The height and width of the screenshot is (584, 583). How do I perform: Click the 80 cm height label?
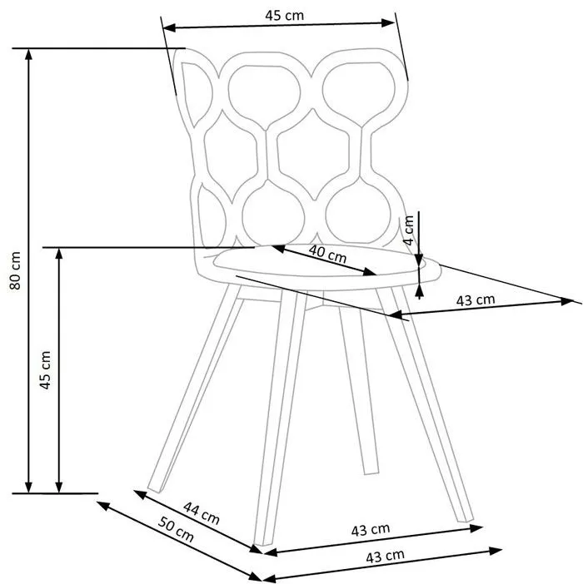click(x=15, y=270)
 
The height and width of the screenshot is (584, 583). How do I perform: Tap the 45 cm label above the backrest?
click(x=284, y=15)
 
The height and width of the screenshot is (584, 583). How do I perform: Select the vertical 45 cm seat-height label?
click(x=45, y=370)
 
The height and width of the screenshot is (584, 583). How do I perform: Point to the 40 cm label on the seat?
click(x=327, y=253)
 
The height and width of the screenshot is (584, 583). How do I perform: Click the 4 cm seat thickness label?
click(x=409, y=230)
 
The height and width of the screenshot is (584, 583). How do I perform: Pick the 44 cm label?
click(x=202, y=512)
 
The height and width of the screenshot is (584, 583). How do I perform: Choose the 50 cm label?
click(x=176, y=529)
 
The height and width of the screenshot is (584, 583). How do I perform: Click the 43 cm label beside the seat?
click(x=476, y=299)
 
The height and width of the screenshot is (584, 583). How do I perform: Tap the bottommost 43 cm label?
click(x=385, y=557)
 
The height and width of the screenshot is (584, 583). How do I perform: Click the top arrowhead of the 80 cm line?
click(x=28, y=54)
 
